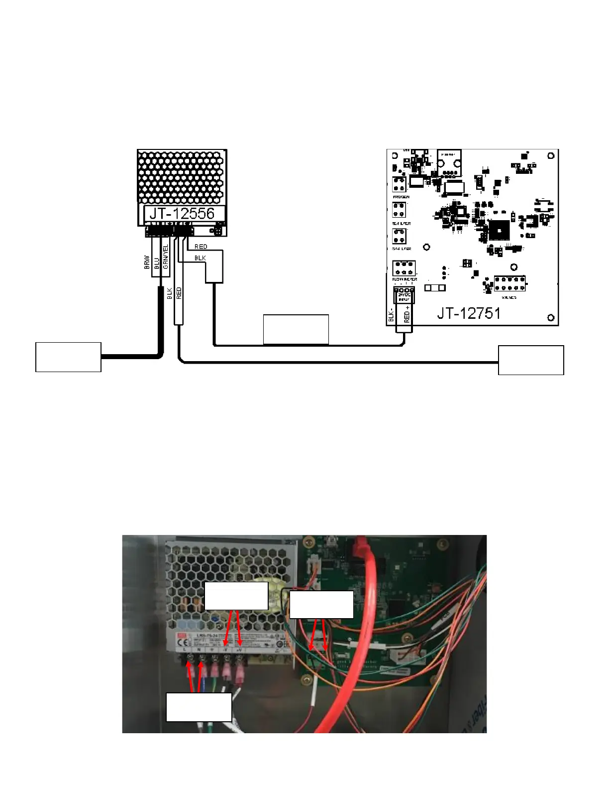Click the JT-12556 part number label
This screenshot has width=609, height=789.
[x=182, y=214]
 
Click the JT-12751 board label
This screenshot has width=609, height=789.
[x=469, y=313]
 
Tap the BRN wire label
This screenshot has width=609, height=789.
[x=147, y=262]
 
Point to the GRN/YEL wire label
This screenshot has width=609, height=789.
[x=166, y=256]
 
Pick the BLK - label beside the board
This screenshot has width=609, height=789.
[x=391, y=314]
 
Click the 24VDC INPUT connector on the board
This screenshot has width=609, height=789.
[x=404, y=295]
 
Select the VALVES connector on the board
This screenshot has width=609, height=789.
[x=509, y=284]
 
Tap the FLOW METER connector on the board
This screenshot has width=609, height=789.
[x=404, y=268]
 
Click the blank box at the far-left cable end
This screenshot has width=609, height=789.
[x=68, y=357]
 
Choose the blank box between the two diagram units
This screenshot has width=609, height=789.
[x=296, y=329]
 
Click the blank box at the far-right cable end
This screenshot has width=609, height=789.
[x=531, y=360]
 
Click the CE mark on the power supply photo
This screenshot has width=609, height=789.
[x=184, y=641]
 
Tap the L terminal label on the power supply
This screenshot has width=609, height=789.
[x=186, y=650]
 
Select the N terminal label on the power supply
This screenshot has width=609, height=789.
[x=199, y=650]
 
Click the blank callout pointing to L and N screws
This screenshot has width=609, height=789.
[x=199, y=706]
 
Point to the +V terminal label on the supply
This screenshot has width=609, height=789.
[x=239, y=650]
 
